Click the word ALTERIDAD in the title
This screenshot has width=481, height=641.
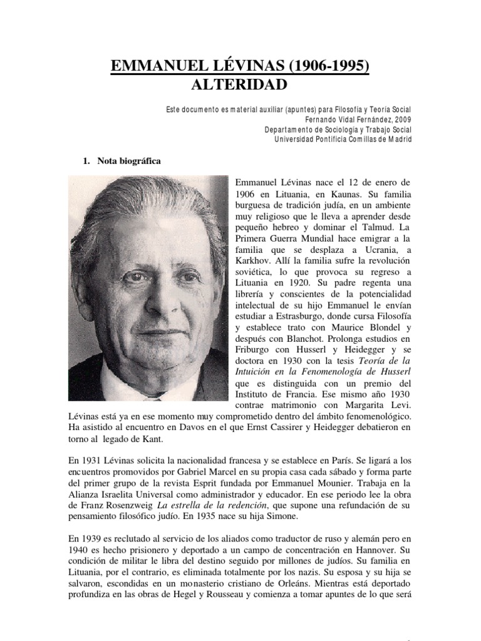pyautogui.click(x=240, y=85)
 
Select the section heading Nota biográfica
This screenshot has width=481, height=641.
pyautogui.click(x=128, y=162)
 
